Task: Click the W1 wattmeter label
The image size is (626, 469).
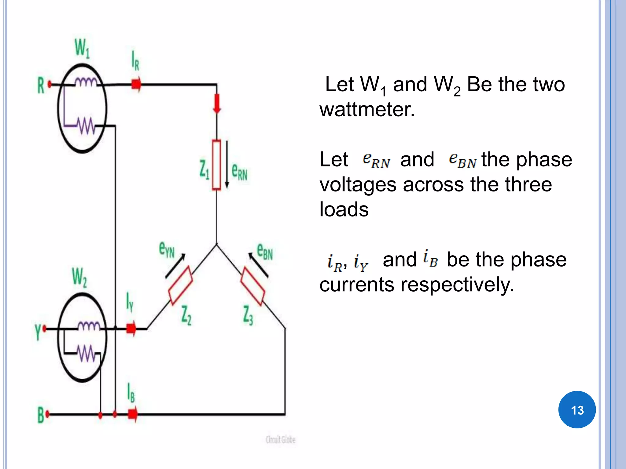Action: (x=82, y=48)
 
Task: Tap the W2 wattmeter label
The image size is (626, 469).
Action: (x=79, y=277)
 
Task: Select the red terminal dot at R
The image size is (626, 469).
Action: (x=50, y=85)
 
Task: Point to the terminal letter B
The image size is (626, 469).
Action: (x=41, y=415)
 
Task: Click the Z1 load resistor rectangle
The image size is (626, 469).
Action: (x=216, y=165)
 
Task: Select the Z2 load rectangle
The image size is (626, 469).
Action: (x=180, y=285)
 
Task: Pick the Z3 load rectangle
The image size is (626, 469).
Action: (x=253, y=286)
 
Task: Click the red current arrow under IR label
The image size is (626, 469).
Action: (x=136, y=84)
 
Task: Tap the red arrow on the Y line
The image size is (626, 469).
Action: (x=131, y=329)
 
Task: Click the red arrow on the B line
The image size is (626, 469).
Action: (x=133, y=414)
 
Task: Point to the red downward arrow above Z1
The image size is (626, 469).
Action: (x=217, y=104)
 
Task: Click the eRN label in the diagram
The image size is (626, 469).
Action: (x=239, y=172)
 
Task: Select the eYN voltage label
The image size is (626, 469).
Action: (x=167, y=249)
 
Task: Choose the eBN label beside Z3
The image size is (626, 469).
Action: (x=265, y=251)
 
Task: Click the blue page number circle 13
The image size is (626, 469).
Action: (x=577, y=409)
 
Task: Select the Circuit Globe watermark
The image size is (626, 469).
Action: (x=280, y=440)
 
